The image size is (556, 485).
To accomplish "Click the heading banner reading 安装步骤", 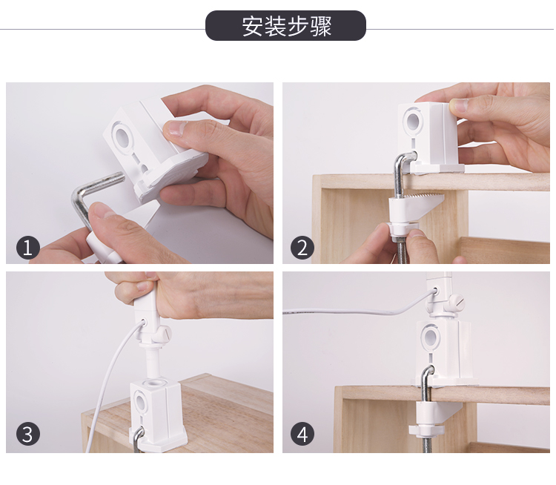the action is tap(285, 25).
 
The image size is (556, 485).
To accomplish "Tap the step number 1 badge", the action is tap(28, 247).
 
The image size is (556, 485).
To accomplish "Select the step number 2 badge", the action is tap(302, 247).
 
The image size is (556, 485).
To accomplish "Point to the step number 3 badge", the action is tap(28, 434).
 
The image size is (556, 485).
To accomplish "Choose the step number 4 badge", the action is tap(302, 434).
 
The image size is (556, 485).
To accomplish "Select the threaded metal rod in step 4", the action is tap(427, 443).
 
